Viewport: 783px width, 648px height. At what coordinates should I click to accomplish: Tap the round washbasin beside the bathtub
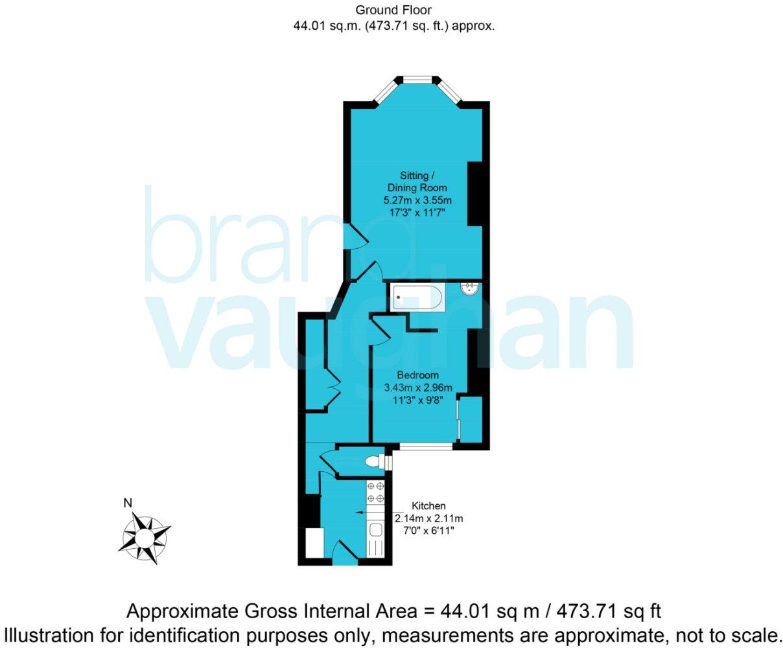pos(469,288)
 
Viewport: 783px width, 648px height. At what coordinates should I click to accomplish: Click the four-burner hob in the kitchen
pos(375,492)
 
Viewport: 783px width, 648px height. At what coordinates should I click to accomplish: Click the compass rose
pos(146,536)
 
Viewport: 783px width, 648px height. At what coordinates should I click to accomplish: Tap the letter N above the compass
pos(128,502)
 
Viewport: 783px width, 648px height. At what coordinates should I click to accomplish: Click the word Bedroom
pos(417,375)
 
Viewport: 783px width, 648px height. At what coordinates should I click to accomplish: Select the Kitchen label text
pos(428,506)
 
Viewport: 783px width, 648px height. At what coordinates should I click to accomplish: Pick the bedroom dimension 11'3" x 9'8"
pos(418,400)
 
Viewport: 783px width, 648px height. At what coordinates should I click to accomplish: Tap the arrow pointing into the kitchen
pos(359,513)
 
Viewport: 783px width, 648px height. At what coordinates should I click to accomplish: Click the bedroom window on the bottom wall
pos(426,446)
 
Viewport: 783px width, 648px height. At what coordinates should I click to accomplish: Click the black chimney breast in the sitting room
pos(474,194)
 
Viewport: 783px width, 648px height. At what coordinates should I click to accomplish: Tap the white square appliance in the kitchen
pos(314,542)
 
